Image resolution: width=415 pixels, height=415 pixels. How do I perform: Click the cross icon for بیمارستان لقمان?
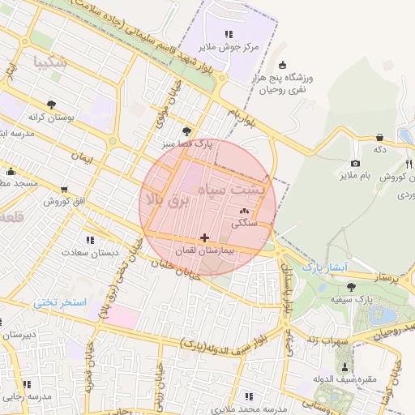pyautogui.click(x=203, y=237)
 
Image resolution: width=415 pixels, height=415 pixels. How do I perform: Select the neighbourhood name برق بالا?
pyautogui.click(x=166, y=197)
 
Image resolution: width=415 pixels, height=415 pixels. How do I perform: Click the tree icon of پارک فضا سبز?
pyautogui.click(x=187, y=130)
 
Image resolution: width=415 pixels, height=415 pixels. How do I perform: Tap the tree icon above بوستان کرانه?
pyautogui.click(x=52, y=105)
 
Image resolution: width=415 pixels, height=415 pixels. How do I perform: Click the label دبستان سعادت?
pyautogui.click(x=90, y=252)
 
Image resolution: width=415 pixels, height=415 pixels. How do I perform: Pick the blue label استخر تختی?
pyautogui.click(x=58, y=302)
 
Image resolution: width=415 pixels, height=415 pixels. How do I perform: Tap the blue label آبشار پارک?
pyautogui.click(x=324, y=266)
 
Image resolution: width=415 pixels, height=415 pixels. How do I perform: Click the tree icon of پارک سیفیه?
pyautogui.click(x=350, y=286)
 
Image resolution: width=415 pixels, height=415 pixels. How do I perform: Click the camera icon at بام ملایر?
pyautogui.click(x=355, y=164)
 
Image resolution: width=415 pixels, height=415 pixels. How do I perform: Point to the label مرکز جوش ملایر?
pyautogui.click(x=229, y=48)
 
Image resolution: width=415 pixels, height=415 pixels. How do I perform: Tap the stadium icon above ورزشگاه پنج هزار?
pyautogui.click(x=281, y=65)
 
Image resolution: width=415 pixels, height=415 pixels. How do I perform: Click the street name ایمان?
pyautogui.click(x=83, y=155)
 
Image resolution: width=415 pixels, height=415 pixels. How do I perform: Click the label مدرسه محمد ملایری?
pyautogui.click(x=248, y=409)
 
